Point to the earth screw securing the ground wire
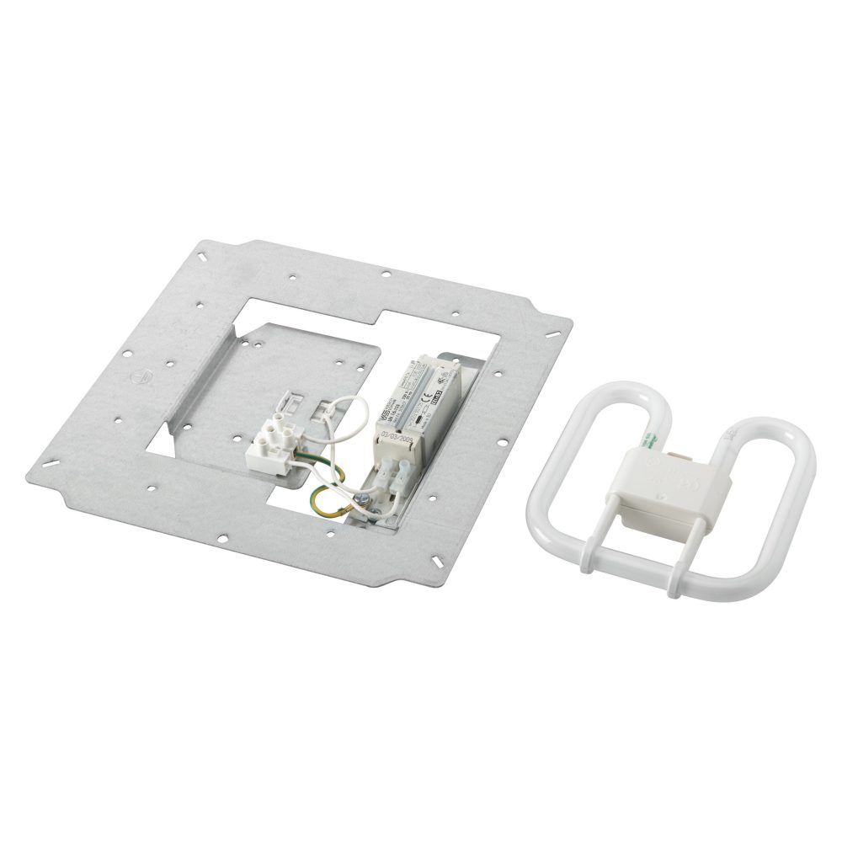360,504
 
